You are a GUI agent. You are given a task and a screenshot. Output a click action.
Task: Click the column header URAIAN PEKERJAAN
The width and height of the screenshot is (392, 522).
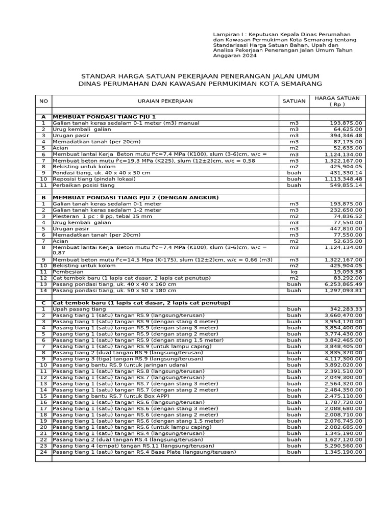(x=165, y=101)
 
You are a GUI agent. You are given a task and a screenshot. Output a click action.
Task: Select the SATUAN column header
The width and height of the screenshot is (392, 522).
(x=294, y=101)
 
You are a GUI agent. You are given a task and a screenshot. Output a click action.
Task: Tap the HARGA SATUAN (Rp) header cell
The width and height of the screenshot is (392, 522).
(x=337, y=101)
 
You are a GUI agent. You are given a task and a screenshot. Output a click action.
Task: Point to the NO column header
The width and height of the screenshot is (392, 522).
(x=43, y=101)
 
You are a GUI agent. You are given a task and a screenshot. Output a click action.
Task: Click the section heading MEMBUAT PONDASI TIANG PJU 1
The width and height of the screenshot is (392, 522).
(x=97, y=117)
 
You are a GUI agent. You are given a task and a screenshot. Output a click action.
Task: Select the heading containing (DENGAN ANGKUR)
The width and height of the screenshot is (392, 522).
(x=136, y=197)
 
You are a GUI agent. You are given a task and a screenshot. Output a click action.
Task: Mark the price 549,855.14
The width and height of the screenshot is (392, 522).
(x=344, y=185)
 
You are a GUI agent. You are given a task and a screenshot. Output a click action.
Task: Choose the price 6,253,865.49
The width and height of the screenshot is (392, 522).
(x=343, y=284)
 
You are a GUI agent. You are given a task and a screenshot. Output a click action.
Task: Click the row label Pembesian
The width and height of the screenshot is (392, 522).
(x=68, y=272)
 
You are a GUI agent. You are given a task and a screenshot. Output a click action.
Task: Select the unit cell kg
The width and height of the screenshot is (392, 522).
(x=294, y=272)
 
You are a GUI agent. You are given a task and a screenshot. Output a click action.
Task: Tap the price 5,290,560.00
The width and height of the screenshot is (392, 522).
(x=343, y=446)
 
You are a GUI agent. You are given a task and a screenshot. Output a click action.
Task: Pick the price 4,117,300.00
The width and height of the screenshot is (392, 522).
(x=343, y=358)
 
